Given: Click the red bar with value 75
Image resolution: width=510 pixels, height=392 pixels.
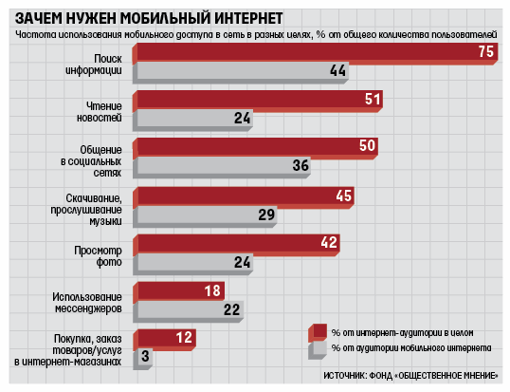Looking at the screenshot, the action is coord(315,54).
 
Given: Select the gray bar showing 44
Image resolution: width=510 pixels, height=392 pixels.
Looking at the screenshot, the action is coord(241,72).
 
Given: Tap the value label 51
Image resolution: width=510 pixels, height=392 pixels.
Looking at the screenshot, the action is coord(373,100).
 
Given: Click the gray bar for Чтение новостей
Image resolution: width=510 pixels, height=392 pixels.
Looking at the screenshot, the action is coord(192,121).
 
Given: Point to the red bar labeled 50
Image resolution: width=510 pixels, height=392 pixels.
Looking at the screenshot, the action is coord(255,148).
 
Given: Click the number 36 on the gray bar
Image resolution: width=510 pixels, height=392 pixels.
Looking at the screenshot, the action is coord(301,165).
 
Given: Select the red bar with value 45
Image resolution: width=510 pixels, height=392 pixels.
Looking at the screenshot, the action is coord(244,197).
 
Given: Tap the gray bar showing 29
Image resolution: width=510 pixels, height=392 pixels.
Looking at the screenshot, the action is coord(205,216).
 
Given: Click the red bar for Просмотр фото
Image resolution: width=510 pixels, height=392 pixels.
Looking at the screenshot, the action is coord(236,245).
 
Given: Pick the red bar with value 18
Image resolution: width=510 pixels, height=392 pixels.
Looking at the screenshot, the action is coord(178,292).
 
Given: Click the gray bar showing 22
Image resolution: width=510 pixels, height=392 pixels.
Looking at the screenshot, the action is coord(188,311).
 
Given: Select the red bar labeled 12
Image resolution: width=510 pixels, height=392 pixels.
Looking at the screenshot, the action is coord(164,340).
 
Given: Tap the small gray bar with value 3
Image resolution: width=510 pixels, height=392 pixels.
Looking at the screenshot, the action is coord(142,359).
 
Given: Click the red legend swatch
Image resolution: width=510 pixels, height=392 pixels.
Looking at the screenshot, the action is coord(318,333).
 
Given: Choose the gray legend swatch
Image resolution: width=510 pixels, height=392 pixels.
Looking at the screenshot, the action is coord(318,350).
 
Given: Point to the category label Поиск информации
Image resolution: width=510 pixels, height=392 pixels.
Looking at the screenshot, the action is coord(94,65).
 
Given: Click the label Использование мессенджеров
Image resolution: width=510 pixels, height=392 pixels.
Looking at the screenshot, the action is coord(87,303).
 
